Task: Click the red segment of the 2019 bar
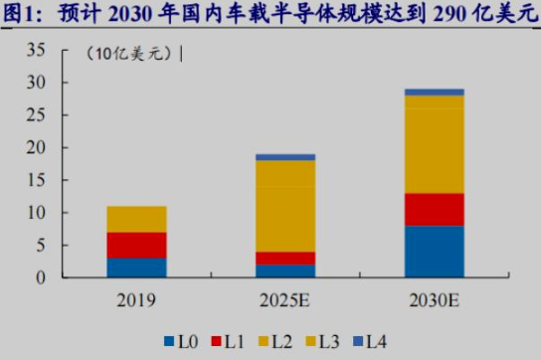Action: point(136,245)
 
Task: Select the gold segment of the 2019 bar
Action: point(136,219)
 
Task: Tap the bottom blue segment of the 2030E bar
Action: point(434,252)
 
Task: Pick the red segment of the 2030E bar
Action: point(434,209)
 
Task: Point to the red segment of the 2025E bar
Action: point(285,258)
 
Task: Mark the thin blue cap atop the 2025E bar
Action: point(285,156)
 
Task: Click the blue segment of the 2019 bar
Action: point(136,268)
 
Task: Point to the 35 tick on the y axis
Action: point(37,51)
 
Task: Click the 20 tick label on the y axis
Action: point(37,148)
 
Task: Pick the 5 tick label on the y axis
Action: point(42,246)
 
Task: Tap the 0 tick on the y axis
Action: point(42,277)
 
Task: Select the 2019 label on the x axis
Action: point(136,299)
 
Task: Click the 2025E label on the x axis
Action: point(285,299)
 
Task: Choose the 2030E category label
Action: point(434,299)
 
